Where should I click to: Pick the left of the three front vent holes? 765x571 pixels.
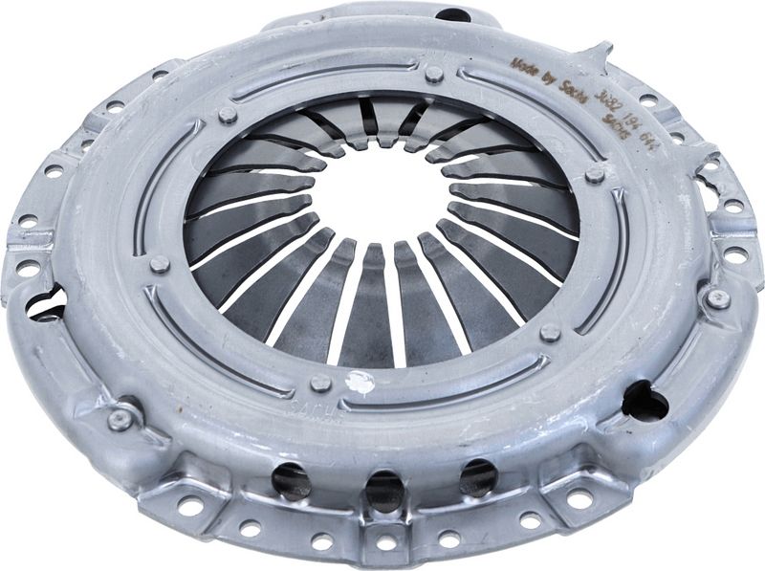click(x=291, y=479)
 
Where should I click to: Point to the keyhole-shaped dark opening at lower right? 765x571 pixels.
click(x=644, y=402)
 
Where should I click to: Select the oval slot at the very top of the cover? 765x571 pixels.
click(x=452, y=14)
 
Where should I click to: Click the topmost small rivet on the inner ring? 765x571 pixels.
click(x=433, y=74)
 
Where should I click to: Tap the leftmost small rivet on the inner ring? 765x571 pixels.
click(x=159, y=264)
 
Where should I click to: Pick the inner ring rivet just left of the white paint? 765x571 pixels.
click(x=320, y=383)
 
